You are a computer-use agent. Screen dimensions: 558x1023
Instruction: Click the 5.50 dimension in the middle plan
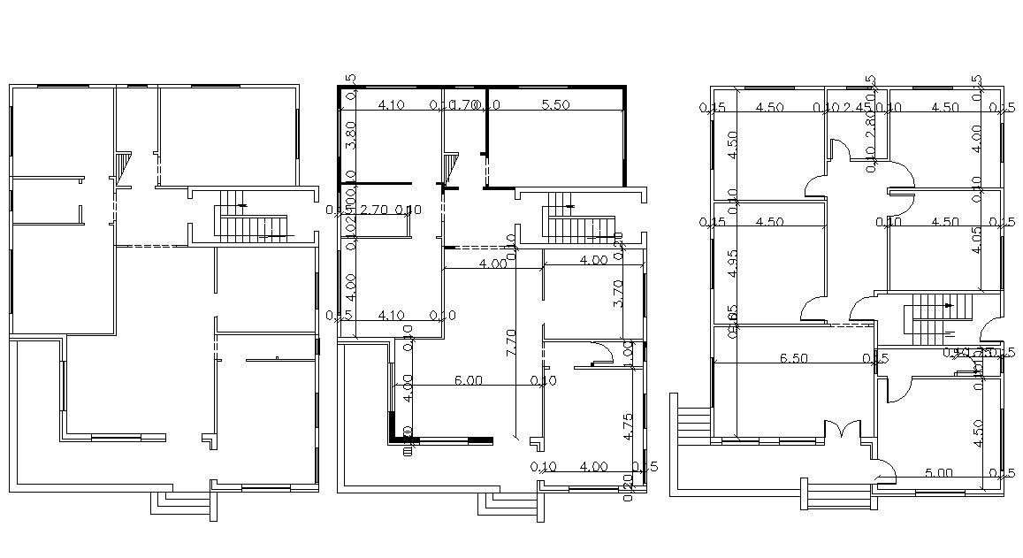(554, 104)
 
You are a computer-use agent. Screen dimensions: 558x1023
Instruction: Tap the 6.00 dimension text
(468, 380)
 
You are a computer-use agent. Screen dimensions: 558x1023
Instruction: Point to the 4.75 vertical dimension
(628, 426)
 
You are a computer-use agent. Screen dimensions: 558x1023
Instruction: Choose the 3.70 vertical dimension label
(617, 294)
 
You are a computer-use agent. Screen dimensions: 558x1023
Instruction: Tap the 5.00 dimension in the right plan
(939, 472)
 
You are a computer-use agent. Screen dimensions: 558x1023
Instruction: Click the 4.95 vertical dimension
(732, 264)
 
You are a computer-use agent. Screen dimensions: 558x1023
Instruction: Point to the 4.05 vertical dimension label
(976, 240)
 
